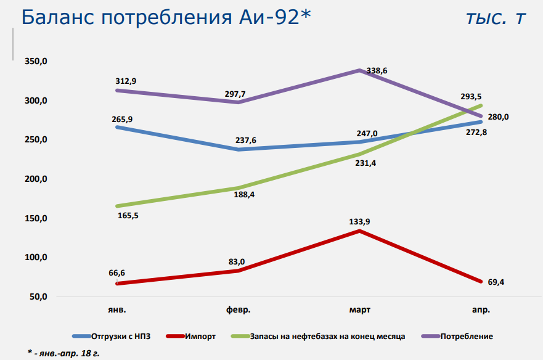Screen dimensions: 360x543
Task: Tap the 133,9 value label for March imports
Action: point(360,221)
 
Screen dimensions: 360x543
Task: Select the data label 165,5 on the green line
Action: point(128,216)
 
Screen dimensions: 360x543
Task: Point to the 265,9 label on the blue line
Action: point(123,119)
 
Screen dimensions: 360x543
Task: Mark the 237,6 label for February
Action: point(245,140)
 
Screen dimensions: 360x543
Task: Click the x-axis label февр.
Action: point(239,309)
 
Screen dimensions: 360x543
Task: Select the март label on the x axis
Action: point(360,309)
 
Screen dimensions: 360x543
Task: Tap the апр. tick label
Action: point(481,309)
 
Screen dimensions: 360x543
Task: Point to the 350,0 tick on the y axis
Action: point(36,62)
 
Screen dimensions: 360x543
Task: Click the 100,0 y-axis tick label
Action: point(36,257)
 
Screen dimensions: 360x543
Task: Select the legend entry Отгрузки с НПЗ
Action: point(121,336)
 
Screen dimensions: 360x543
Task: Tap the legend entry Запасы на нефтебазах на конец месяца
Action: point(327,336)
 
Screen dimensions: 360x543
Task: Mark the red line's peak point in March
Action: point(360,231)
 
